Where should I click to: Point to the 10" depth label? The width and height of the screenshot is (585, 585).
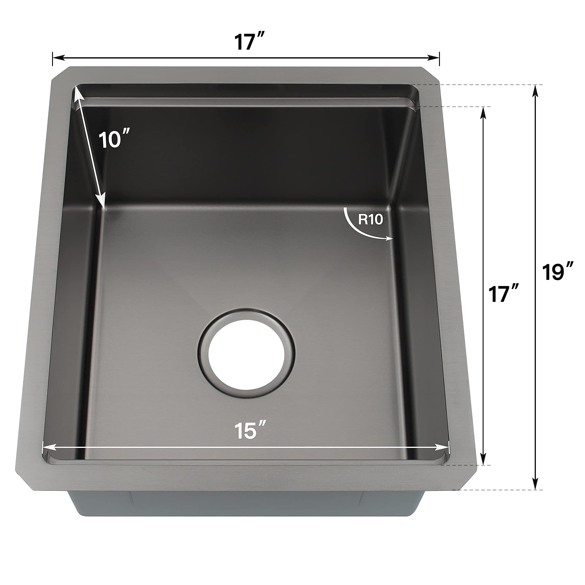(114, 140)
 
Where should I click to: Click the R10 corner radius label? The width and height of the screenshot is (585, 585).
(370, 220)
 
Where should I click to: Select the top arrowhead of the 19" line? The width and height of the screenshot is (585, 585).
(536, 90)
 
